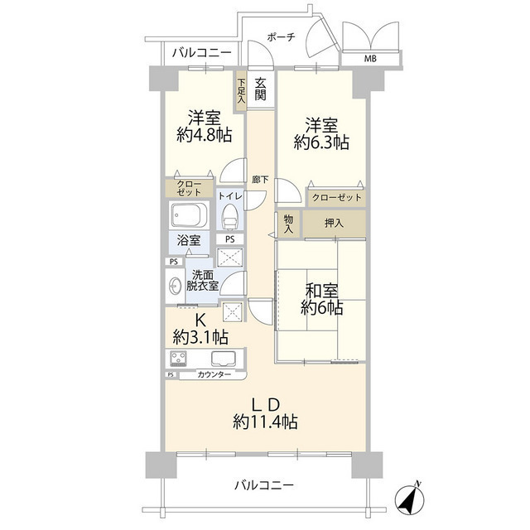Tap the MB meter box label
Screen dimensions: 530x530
pos(370,59)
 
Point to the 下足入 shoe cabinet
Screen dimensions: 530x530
pos(241,89)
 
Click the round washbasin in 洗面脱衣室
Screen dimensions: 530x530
pos(176,287)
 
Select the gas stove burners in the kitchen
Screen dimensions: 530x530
pos(178,359)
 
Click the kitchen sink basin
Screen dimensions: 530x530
pos(223,359)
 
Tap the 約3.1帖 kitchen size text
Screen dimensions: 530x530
pos(200,337)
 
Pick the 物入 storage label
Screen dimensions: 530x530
pos(287,224)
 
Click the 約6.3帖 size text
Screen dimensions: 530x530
pos(320,142)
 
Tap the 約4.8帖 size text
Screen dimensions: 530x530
pos(203,135)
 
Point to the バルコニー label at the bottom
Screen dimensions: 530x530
pos(263,485)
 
